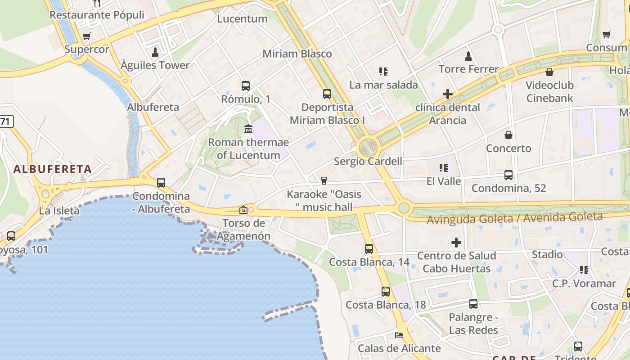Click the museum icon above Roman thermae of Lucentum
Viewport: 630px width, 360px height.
(x=248, y=129)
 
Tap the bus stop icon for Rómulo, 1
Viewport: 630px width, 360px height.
(x=245, y=85)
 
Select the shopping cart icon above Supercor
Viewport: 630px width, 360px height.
(x=87, y=36)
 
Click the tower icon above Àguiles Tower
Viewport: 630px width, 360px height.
(x=155, y=52)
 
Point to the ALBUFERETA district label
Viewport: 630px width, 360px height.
(x=53, y=169)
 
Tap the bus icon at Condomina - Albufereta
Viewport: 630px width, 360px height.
(x=161, y=183)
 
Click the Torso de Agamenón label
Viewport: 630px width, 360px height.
(x=243, y=229)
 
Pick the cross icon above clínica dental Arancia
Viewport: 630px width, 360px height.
(x=447, y=94)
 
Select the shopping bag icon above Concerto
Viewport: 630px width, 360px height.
(x=508, y=135)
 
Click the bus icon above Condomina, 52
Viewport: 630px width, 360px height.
(x=508, y=175)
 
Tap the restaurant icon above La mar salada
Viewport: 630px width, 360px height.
(x=383, y=71)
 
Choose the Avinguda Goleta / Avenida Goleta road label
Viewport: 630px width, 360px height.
(x=514, y=218)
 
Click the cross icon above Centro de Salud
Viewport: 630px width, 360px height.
(x=456, y=243)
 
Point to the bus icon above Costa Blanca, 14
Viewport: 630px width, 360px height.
(x=369, y=248)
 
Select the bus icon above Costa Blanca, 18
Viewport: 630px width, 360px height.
(x=386, y=291)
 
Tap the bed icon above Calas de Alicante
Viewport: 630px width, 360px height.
(x=399, y=335)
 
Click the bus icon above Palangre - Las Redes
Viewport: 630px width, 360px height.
(x=473, y=304)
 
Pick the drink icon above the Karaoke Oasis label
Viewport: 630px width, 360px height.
(x=324, y=181)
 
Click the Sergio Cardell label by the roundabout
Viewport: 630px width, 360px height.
(x=368, y=161)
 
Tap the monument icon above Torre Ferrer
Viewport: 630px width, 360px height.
(x=468, y=56)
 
